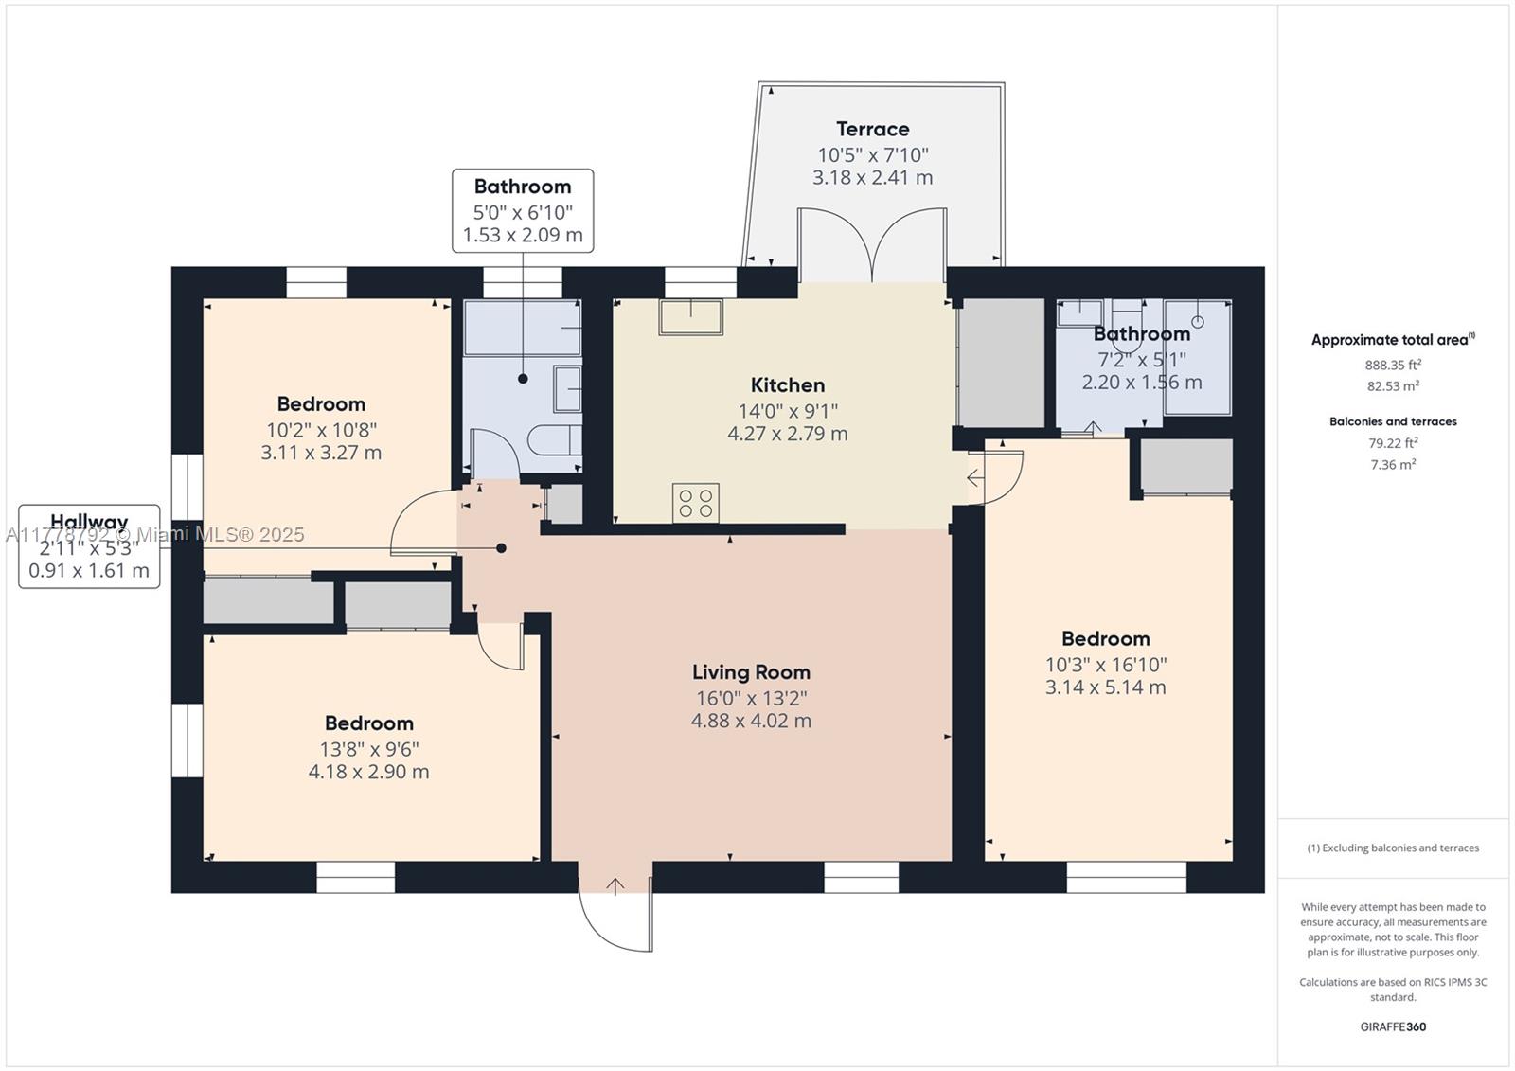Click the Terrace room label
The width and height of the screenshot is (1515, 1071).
pyautogui.click(x=872, y=129)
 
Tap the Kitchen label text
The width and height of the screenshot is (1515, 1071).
pyautogui.click(x=787, y=385)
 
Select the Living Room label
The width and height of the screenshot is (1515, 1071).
pyautogui.click(x=751, y=671)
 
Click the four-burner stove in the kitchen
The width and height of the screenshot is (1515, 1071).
pyautogui.click(x=695, y=503)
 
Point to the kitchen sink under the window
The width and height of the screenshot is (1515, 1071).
pyautogui.click(x=691, y=317)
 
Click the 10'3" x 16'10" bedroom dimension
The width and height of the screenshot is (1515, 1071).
pyautogui.click(x=1106, y=665)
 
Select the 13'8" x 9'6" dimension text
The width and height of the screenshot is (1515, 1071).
pyautogui.click(x=368, y=749)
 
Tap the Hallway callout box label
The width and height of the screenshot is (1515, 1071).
pyautogui.click(x=89, y=521)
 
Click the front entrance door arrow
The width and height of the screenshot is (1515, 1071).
pyautogui.click(x=615, y=887)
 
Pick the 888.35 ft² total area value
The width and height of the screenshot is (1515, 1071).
pyautogui.click(x=1393, y=365)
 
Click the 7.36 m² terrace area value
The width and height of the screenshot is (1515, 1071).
pyautogui.click(x=1393, y=464)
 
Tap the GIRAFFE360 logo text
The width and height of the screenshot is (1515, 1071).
pyautogui.click(x=1393, y=1026)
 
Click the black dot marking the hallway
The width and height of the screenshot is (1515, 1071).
pyautogui.click(x=501, y=548)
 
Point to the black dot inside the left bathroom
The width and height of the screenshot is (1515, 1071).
pyautogui.click(x=523, y=379)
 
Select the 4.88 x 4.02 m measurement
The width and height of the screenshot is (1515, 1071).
pyautogui.click(x=751, y=721)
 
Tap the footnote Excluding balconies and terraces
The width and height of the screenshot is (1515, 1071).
pyautogui.click(x=1393, y=848)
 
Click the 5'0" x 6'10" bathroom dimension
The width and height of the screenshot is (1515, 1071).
pyautogui.click(x=523, y=212)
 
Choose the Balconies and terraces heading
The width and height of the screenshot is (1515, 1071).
pyautogui.click(x=1393, y=421)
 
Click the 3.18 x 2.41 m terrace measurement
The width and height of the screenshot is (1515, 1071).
pyautogui.click(x=872, y=177)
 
